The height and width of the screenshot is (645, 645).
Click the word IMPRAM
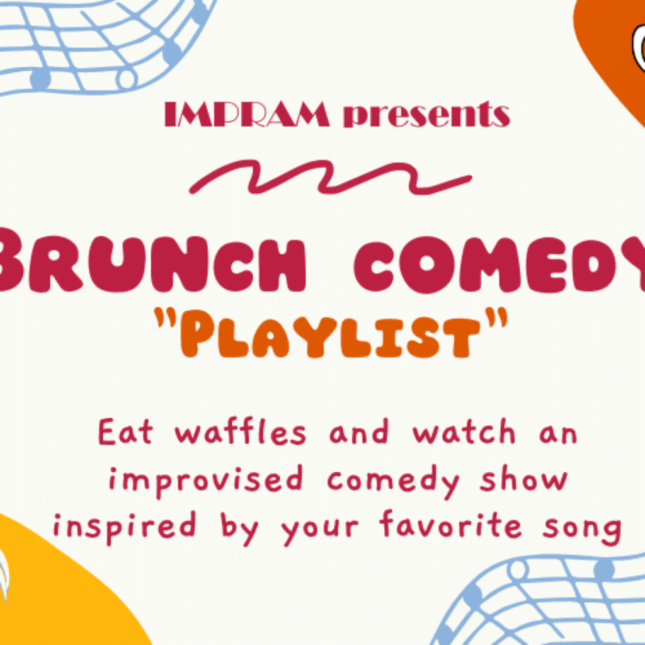247,114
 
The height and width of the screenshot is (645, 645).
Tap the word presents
426,115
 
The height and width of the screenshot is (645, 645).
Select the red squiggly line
330,177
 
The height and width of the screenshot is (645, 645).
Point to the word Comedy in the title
499,264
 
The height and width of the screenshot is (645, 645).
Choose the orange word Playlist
331,334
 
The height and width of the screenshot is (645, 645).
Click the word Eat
126,431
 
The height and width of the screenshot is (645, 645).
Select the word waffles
241,431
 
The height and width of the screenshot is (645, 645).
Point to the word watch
464,431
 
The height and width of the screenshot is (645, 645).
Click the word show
524,479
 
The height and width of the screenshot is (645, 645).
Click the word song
581,529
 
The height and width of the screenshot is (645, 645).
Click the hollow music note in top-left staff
126,78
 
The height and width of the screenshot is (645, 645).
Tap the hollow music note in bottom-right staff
518,570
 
